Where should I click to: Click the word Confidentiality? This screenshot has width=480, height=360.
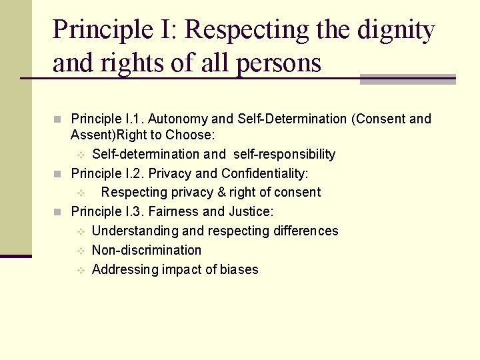tap(265, 173)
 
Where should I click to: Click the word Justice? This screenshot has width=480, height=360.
tap(251, 211)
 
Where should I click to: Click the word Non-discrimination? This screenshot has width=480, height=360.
tap(147, 250)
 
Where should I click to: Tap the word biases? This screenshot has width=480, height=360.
tap(239, 269)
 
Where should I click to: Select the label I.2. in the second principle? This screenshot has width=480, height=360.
tap(133, 173)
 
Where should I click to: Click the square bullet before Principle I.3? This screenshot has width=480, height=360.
tap(57, 212)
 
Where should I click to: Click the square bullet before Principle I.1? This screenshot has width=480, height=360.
tap(57, 119)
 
